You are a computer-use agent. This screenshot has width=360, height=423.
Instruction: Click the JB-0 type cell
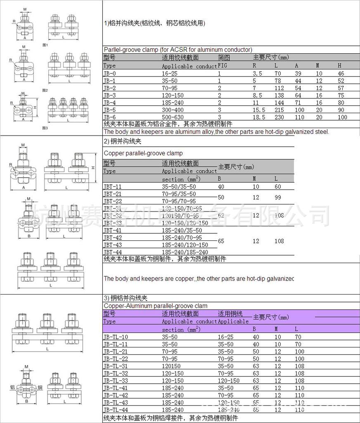pos(109,73)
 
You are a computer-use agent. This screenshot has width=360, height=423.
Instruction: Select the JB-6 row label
pos(109,117)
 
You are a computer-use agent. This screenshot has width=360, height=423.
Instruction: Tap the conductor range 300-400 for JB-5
pos(172,110)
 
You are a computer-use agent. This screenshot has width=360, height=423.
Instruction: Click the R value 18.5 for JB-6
pos(259,117)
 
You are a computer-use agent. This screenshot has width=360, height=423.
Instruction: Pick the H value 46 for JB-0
pos(341,73)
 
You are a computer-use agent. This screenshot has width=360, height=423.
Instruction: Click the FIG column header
pos(222,66)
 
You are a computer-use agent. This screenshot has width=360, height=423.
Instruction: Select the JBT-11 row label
pos(112,187)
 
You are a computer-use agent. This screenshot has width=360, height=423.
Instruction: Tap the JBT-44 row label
pos(112,252)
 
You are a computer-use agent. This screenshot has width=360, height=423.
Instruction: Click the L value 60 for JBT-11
pos(278,187)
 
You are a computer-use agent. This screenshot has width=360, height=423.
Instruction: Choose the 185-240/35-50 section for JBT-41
pos(182,231)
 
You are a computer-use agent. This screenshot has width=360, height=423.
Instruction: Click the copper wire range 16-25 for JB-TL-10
pos(225,337)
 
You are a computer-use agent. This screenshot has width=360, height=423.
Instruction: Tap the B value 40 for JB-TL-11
pos(256,344)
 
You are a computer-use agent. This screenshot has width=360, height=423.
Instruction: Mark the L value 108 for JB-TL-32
pos(299,373)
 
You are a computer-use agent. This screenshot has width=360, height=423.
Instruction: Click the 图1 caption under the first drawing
pos(45,45)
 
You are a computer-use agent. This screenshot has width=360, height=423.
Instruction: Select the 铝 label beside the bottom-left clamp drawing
pos(12,387)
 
